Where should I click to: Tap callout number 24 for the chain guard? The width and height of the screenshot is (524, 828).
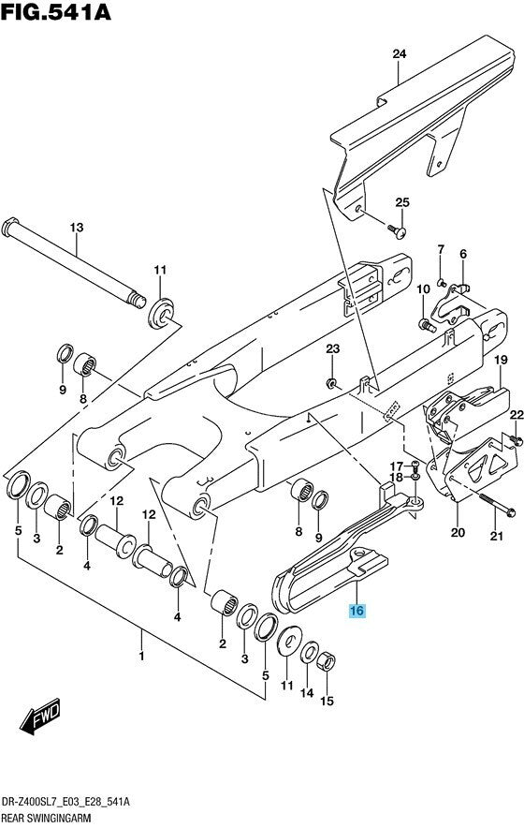399,54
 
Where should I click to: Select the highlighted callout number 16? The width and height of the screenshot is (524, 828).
357,612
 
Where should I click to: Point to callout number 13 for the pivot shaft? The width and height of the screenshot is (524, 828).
77,228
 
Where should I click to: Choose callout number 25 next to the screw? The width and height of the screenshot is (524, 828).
402,203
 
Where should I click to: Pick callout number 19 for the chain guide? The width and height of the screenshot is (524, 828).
501,361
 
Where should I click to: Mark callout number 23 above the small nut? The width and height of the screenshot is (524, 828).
331,349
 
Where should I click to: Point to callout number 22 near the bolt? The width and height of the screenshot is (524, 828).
515,415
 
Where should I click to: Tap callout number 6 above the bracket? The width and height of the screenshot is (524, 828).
462,254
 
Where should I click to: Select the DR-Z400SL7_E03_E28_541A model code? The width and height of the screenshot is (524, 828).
65,802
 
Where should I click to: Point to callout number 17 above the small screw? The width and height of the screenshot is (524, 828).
396,466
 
